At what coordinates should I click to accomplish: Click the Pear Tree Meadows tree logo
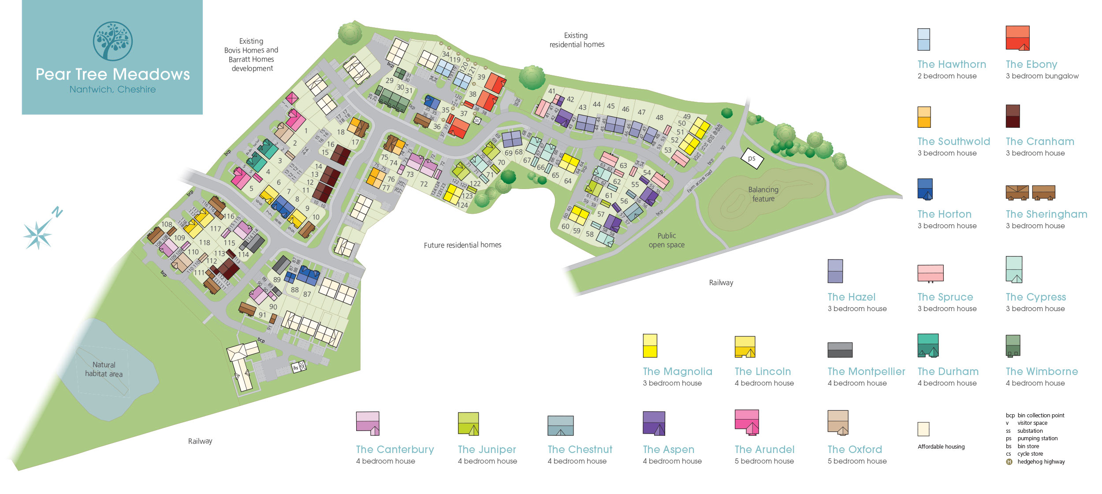click(112, 41)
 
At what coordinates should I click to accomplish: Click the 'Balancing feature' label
click(763, 194)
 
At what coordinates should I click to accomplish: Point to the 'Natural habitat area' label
click(104, 369)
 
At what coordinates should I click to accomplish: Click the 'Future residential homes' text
click(462, 245)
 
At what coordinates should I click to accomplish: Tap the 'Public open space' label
click(666, 240)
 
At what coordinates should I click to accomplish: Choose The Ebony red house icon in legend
click(1017, 38)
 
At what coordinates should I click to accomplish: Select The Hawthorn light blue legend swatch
click(923, 40)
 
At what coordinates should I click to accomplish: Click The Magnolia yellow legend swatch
click(650, 345)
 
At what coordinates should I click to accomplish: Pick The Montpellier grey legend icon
click(840, 350)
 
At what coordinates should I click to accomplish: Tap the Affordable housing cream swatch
click(923, 429)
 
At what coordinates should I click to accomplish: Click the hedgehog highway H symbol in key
click(1009, 462)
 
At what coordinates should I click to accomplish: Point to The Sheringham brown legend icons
click(1030, 193)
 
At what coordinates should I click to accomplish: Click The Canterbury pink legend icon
click(368, 423)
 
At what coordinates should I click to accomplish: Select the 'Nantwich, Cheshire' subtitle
click(112, 89)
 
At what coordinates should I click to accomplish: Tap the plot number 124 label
click(462, 205)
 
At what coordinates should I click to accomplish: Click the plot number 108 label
click(167, 224)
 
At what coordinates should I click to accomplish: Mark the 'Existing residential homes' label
click(577, 40)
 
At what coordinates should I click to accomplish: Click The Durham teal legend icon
click(927, 345)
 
